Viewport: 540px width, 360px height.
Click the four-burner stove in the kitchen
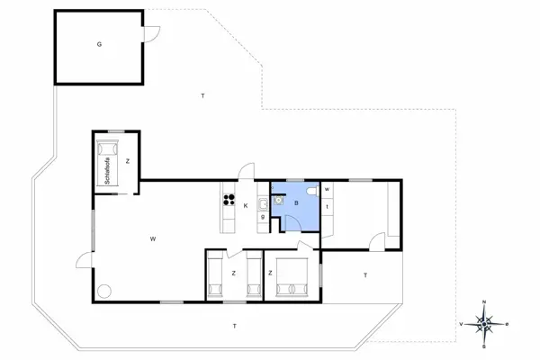(228, 201)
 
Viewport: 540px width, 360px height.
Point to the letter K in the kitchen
(245, 205)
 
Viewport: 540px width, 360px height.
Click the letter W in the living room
(154, 238)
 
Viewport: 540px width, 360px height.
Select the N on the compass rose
(484, 302)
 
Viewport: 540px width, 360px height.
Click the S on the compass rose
(484, 345)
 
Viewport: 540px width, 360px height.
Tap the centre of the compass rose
(484, 323)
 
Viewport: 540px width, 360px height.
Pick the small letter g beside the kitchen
(262, 216)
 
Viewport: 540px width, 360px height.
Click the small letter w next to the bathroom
(327, 189)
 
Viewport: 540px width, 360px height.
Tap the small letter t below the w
(327, 207)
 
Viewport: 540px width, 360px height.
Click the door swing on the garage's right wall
(152, 34)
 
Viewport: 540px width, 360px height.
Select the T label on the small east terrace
(365, 274)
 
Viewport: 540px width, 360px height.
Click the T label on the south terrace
(234, 325)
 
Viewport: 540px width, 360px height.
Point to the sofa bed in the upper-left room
(109, 164)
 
